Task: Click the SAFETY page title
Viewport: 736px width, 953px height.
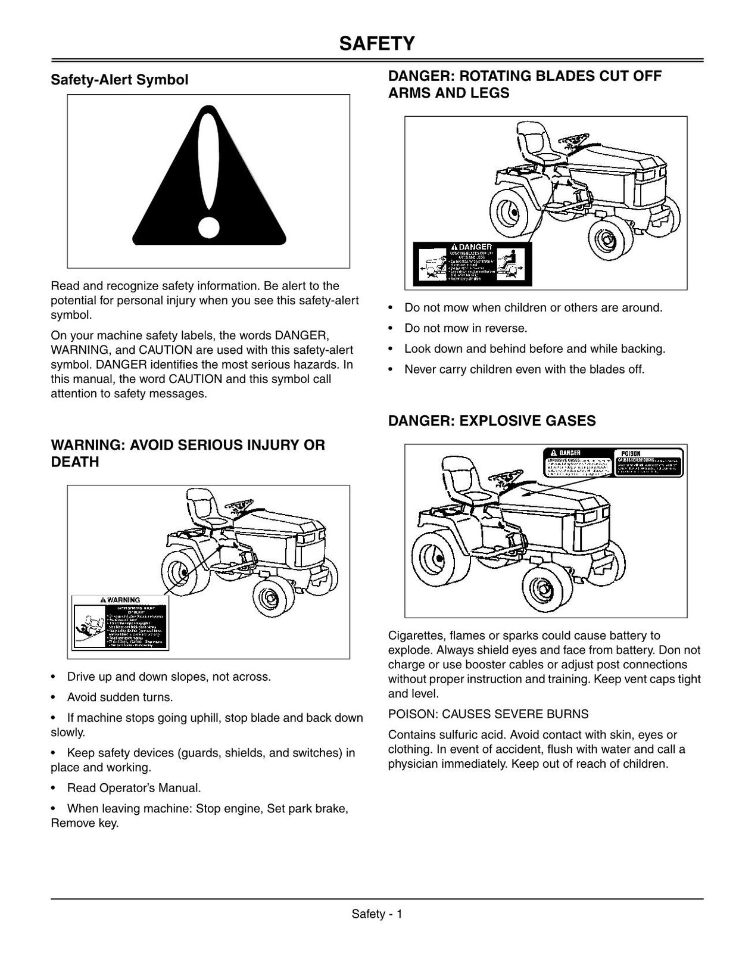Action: [x=377, y=43]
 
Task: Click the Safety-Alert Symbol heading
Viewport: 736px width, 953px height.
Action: [x=119, y=80]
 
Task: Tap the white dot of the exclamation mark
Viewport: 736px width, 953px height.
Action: [x=208, y=227]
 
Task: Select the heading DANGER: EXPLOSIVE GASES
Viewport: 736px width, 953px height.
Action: [x=491, y=421]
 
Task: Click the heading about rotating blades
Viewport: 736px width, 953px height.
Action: [x=525, y=85]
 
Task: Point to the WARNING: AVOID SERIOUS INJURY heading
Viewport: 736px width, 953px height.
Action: [x=188, y=453]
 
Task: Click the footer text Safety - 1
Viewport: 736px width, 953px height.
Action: [x=377, y=914]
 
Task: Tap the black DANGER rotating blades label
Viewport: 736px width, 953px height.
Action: [x=472, y=264]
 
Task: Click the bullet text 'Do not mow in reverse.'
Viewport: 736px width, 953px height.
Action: [x=466, y=328]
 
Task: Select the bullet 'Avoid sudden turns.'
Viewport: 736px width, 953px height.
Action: [x=120, y=697]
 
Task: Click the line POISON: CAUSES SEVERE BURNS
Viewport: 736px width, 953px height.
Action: [x=488, y=714]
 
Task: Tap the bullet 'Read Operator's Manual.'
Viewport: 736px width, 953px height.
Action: [x=134, y=788]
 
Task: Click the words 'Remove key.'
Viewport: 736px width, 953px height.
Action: [x=85, y=824]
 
